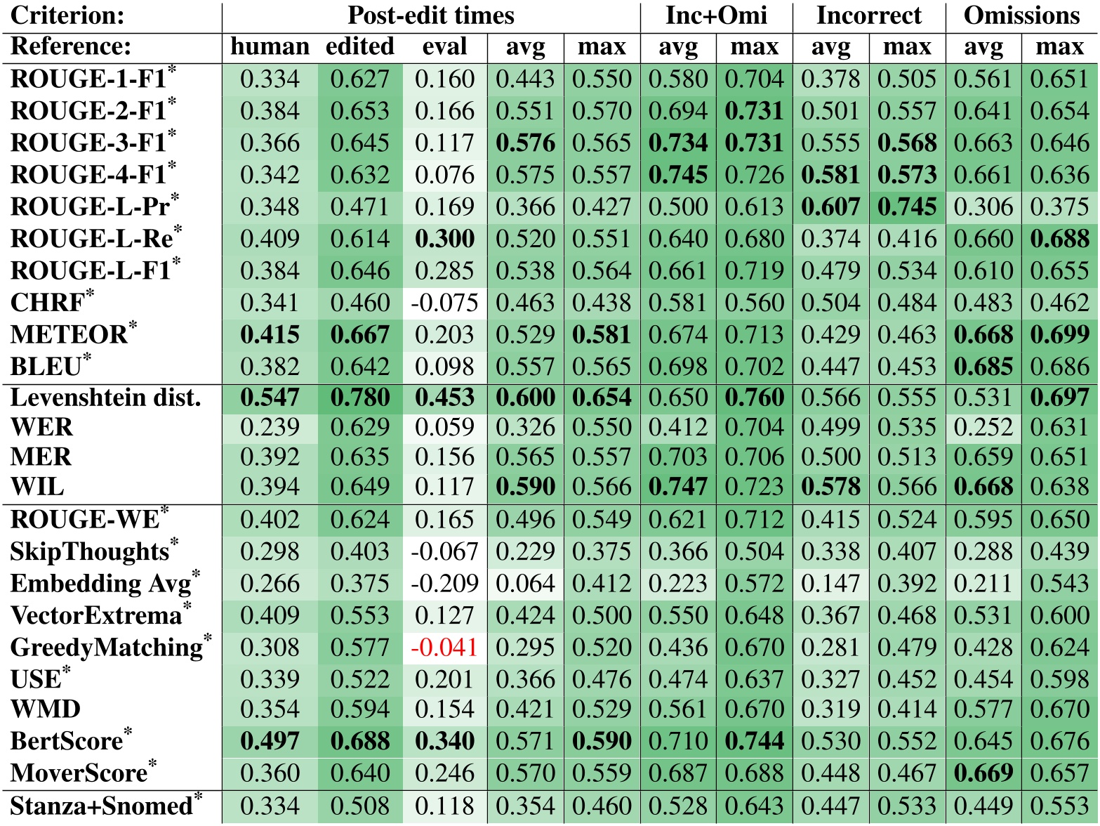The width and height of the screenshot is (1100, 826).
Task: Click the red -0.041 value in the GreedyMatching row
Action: point(444,647)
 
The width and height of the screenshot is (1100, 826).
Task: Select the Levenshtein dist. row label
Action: point(105,398)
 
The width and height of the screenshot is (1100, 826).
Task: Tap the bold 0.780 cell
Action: point(360,398)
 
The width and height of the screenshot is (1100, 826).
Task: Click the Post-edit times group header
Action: point(430,15)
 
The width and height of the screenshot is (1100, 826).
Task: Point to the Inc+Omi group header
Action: point(716,15)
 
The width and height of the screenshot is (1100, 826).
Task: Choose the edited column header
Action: point(360,47)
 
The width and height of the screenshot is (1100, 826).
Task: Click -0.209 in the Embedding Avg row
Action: point(444,584)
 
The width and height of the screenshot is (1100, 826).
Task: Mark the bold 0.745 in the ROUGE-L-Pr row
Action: point(907,207)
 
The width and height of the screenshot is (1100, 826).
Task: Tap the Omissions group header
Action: point(1021,15)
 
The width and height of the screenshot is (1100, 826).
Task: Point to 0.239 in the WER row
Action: point(270,428)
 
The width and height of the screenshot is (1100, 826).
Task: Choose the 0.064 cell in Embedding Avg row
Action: point(525,584)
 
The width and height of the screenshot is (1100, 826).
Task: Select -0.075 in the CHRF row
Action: point(444,303)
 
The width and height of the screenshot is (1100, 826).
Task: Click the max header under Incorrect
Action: point(907,47)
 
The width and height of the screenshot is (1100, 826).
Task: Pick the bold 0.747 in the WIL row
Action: point(678,487)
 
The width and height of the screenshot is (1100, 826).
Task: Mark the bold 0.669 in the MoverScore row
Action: point(983,773)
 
